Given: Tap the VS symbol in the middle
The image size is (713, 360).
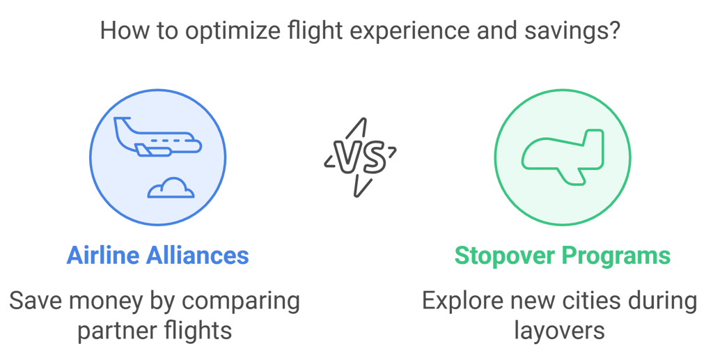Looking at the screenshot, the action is (361, 157).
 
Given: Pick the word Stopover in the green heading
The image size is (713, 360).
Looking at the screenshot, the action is (505, 256).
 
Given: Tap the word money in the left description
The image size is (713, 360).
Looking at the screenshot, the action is (106, 302).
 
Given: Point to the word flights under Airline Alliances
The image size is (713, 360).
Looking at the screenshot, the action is (198, 330).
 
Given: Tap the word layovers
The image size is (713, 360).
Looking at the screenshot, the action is (560, 330).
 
